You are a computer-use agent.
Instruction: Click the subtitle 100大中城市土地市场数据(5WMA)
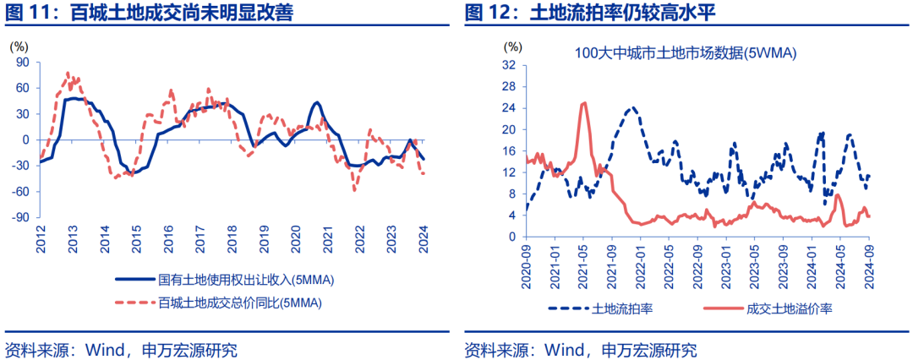[x=686, y=53]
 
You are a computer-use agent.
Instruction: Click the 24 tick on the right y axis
[x=509, y=107]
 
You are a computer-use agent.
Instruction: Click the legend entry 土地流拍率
[x=621, y=308]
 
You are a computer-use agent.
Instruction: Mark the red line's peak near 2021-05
[x=583, y=103]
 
